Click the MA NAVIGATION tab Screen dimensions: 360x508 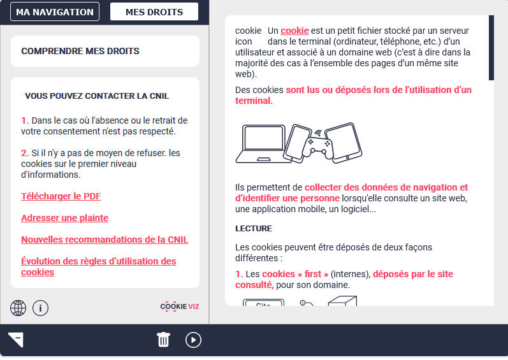coord(55,11)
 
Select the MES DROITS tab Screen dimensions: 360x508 coord(154,11)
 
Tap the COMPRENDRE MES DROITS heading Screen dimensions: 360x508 coord(80,51)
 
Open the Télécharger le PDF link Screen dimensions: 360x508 coord(61,196)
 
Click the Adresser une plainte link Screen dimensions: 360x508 coord(65,218)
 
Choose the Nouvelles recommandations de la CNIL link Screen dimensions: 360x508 coord(105,240)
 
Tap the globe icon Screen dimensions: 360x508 coord(18,308)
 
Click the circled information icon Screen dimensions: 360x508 coord(41,308)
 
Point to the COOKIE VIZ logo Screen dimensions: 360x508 coord(180,306)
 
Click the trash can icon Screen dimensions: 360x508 coord(164,340)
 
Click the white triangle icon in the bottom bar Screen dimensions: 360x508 coord(16,340)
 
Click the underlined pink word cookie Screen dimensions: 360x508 coord(294,31)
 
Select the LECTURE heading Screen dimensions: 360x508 coord(254,228)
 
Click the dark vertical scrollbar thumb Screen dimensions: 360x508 coord(491,48)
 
